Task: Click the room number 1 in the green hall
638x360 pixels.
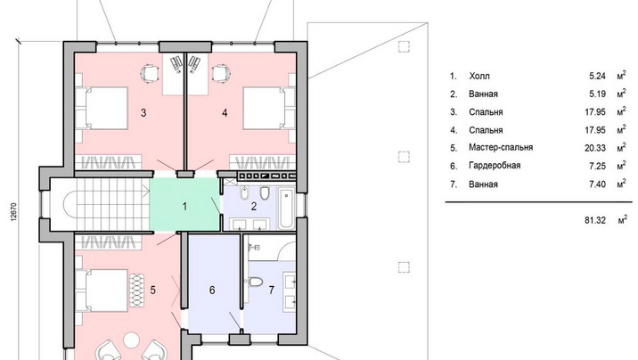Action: click(x=184, y=207)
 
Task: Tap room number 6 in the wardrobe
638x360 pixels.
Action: click(x=212, y=290)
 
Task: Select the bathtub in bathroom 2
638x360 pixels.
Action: click(x=287, y=208)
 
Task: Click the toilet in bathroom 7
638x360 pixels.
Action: click(x=256, y=282)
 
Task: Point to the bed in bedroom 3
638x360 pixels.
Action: click(x=102, y=108)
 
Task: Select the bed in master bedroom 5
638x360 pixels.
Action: click(x=102, y=290)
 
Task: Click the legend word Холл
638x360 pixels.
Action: click(x=479, y=76)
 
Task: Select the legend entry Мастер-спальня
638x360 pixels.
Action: click(x=501, y=147)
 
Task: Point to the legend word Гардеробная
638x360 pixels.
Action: click(x=495, y=166)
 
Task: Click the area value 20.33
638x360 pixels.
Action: click(x=595, y=148)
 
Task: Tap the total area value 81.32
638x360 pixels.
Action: click(x=595, y=220)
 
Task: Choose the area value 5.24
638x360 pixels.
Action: click(x=597, y=76)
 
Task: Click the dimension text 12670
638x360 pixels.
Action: click(x=14, y=211)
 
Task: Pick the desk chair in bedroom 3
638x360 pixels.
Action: click(x=149, y=74)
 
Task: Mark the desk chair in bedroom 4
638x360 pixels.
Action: click(x=222, y=74)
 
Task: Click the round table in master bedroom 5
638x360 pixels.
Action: click(x=131, y=340)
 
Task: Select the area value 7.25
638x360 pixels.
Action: click(x=597, y=166)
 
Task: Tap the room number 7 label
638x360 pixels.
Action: click(x=272, y=290)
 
